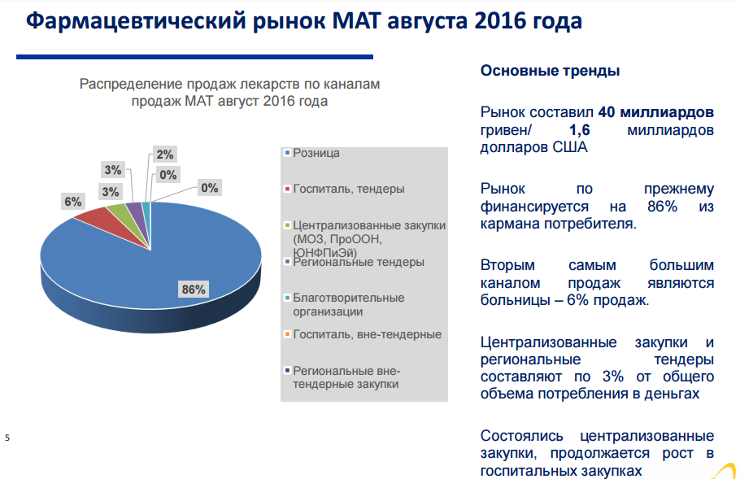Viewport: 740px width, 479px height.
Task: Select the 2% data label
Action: pos(165,155)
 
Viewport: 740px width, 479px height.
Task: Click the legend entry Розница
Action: pos(316,153)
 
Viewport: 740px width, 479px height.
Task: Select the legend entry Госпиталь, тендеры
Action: pos(348,189)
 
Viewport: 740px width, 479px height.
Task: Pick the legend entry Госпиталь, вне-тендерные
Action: pos(367,334)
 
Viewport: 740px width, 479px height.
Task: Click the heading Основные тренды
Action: pos(550,71)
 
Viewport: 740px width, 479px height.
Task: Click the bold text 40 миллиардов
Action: pos(656,112)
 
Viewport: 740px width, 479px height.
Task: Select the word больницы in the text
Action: pos(516,301)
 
